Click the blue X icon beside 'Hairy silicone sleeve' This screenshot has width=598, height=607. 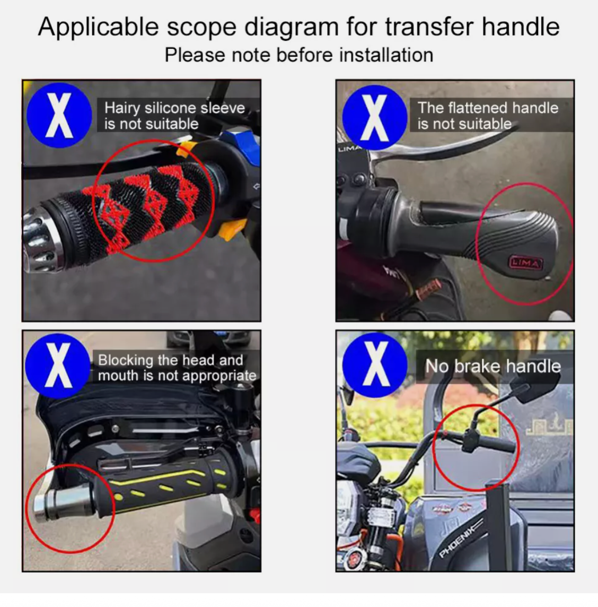(59, 115)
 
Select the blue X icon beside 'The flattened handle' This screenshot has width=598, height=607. (374, 115)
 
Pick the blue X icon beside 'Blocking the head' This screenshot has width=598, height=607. (58, 365)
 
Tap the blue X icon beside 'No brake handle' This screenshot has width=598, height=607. (375, 365)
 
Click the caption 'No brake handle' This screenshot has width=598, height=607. (493, 366)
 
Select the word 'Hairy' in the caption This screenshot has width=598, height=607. (122, 108)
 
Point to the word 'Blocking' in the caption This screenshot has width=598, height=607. (125, 360)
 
